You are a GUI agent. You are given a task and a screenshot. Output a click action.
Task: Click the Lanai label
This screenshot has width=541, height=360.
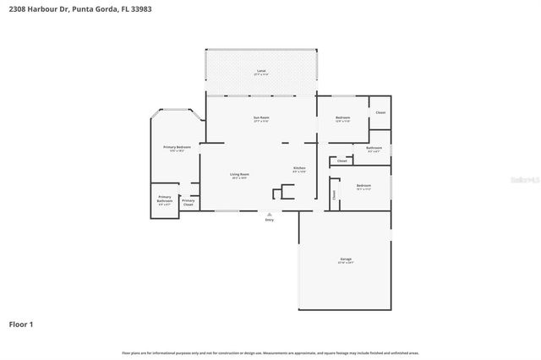pos(261,71)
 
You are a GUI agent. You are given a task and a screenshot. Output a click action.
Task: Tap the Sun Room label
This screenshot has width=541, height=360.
pos(261,117)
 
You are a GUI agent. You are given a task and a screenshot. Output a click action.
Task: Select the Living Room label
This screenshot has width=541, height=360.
pos(239,174)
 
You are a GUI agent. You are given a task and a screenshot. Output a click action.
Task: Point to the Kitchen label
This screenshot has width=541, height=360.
pos(299,168)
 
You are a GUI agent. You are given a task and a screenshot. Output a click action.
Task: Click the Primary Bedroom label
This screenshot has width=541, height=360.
pos(177,147)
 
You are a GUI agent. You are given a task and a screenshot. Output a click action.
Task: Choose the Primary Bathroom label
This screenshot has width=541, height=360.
pos(164,199)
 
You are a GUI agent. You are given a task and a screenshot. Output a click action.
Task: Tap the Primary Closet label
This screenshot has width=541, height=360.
pos(188,201)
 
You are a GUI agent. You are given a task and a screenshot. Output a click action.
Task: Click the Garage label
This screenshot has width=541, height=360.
pos(346,259)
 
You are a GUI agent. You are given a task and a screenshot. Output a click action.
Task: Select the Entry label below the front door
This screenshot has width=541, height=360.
pos(270,220)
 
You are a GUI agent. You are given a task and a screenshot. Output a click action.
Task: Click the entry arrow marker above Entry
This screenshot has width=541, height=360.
pos(270,214)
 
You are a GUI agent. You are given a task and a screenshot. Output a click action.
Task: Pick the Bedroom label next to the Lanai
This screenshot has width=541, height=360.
pos(342,117)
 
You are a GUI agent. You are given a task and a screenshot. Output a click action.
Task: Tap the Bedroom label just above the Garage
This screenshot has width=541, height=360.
pos(363,185)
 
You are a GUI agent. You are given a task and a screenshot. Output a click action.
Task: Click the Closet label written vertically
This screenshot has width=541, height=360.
pos(335,194)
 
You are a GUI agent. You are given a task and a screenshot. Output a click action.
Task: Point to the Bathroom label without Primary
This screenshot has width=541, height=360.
pos(374,148)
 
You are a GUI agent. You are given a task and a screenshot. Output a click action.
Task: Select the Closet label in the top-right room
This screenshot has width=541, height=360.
pos(380,112)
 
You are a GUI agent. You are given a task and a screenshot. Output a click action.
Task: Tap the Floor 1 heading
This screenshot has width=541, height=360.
pos(21,324)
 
